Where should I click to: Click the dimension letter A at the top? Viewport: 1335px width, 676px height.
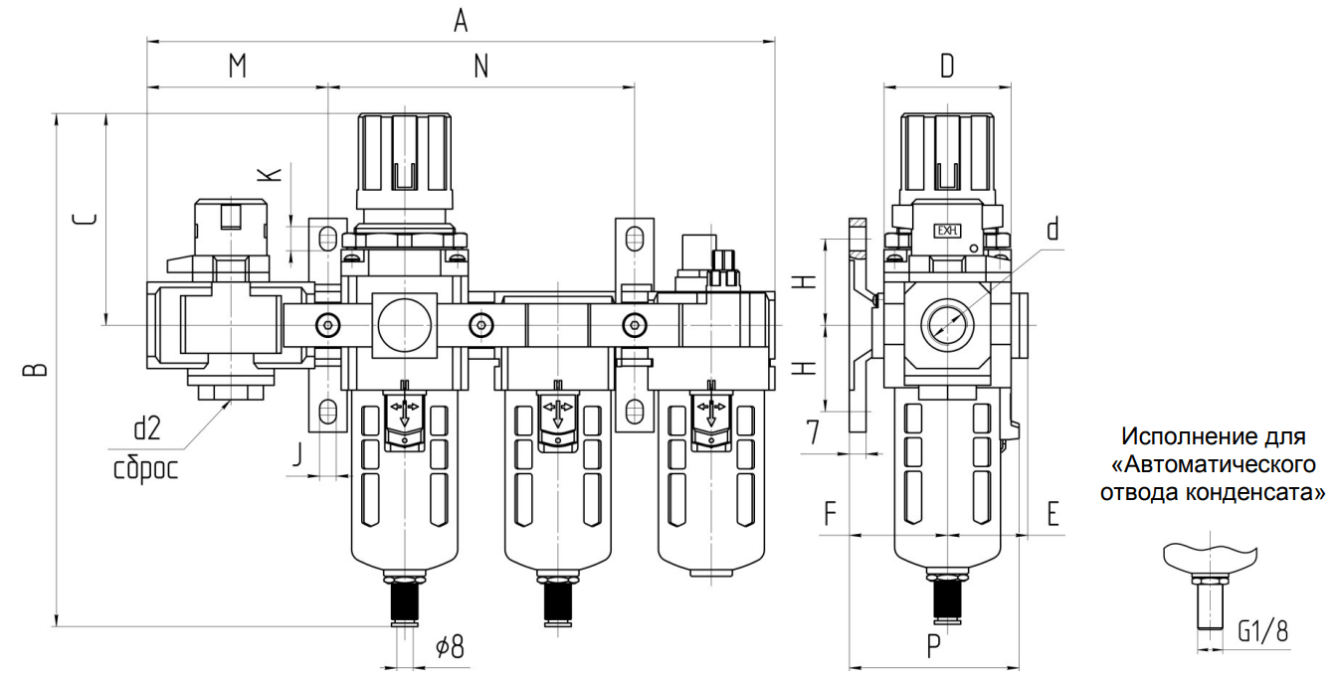click(x=460, y=21)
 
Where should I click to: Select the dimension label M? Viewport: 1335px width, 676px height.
click(x=237, y=66)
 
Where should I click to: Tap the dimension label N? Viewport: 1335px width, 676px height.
click(x=480, y=66)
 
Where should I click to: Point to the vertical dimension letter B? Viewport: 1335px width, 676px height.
click(x=36, y=370)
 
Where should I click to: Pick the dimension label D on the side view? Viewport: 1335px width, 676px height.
click(x=947, y=66)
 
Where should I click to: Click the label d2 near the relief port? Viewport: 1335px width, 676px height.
click(x=146, y=428)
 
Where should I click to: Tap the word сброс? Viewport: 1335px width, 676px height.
click(x=145, y=466)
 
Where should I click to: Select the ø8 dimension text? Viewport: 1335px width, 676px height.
click(x=450, y=647)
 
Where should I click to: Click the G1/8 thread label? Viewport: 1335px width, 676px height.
click(x=1263, y=630)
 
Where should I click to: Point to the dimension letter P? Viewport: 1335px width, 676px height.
click(x=933, y=647)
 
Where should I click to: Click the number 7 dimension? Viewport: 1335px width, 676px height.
click(x=813, y=431)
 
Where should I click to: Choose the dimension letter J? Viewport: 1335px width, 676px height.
click(x=296, y=455)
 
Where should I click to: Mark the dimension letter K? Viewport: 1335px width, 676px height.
click(x=270, y=174)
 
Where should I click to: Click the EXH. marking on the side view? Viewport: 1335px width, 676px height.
click(x=946, y=232)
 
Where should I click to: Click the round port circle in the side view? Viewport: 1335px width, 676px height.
click(x=946, y=324)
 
